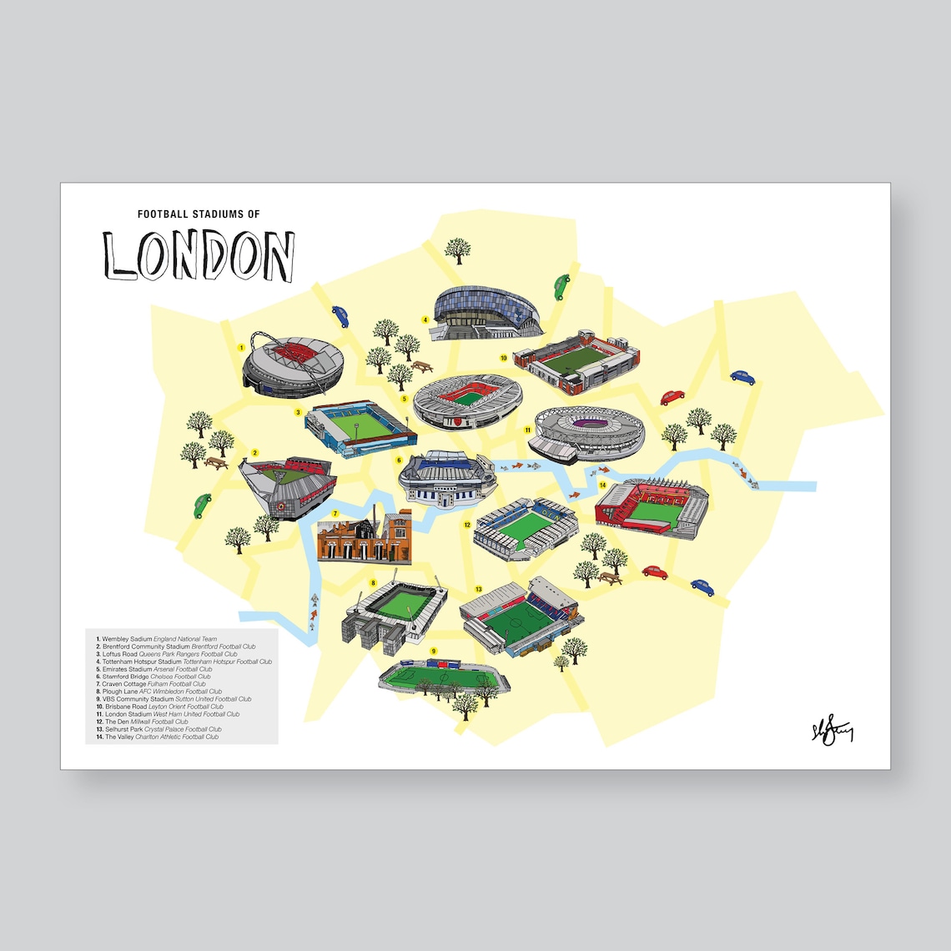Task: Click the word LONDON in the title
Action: point(199,255)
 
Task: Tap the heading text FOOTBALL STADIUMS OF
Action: point(199,214)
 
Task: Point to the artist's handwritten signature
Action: point(831,732)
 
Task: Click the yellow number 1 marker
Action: point(240,347)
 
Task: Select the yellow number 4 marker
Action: point(425,319)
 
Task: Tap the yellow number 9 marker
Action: point(433,651)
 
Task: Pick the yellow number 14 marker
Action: point(602,485)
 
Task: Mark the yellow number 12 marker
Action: point(468,526)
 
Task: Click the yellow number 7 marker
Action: point(335,514)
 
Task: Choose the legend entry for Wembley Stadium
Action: point(153,639)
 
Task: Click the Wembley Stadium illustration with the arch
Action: point(292,367)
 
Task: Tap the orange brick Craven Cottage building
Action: point(365,538)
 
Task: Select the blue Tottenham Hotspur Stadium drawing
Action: point(486,313)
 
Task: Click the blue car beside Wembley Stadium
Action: point(341,315)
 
